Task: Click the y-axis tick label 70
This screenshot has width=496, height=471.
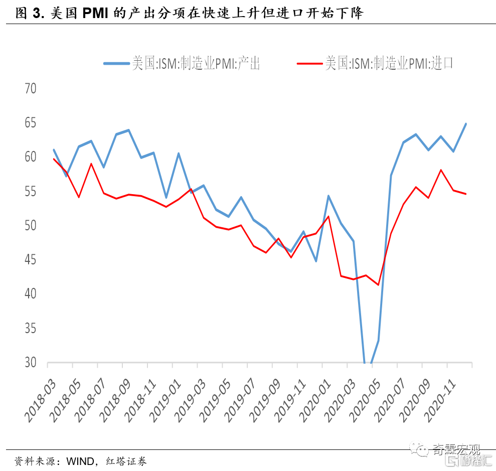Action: click(x=31, y=88)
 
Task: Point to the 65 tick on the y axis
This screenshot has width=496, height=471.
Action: click(x=31, y=122)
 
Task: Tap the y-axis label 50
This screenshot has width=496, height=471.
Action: click(x=31, y=225)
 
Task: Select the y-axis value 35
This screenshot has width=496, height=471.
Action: click(x=31, y=328)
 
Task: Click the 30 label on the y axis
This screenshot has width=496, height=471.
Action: click(x=31, y=362)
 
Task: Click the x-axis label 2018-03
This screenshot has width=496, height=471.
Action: click(x=40, y=401)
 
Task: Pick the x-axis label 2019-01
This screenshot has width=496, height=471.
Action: click(x=165, y=401)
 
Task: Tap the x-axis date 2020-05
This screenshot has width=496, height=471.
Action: click(x=365, y=401)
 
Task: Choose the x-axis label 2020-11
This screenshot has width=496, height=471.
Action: click(x=440, y=401)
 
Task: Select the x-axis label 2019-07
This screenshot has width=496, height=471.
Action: click(x=240, y=401)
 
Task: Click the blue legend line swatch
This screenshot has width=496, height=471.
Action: click(x=116, y=64)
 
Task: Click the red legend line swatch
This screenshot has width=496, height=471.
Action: click(x=309, y=64)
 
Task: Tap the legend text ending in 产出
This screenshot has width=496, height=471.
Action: click(x=196, y=63)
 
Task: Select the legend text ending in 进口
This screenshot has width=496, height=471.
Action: click(x=389, y=63)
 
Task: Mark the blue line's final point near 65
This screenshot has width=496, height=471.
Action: click(x=466, y=124)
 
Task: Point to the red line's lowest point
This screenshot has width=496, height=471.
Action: click(x=378, y=285)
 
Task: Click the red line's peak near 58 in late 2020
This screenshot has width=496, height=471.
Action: click(x=441, y=170)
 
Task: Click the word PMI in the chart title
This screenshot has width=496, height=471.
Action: click(x=95, y=13)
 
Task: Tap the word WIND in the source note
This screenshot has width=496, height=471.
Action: click(x=80, y=461)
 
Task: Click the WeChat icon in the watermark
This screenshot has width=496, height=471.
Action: click(x=419, y=449)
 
